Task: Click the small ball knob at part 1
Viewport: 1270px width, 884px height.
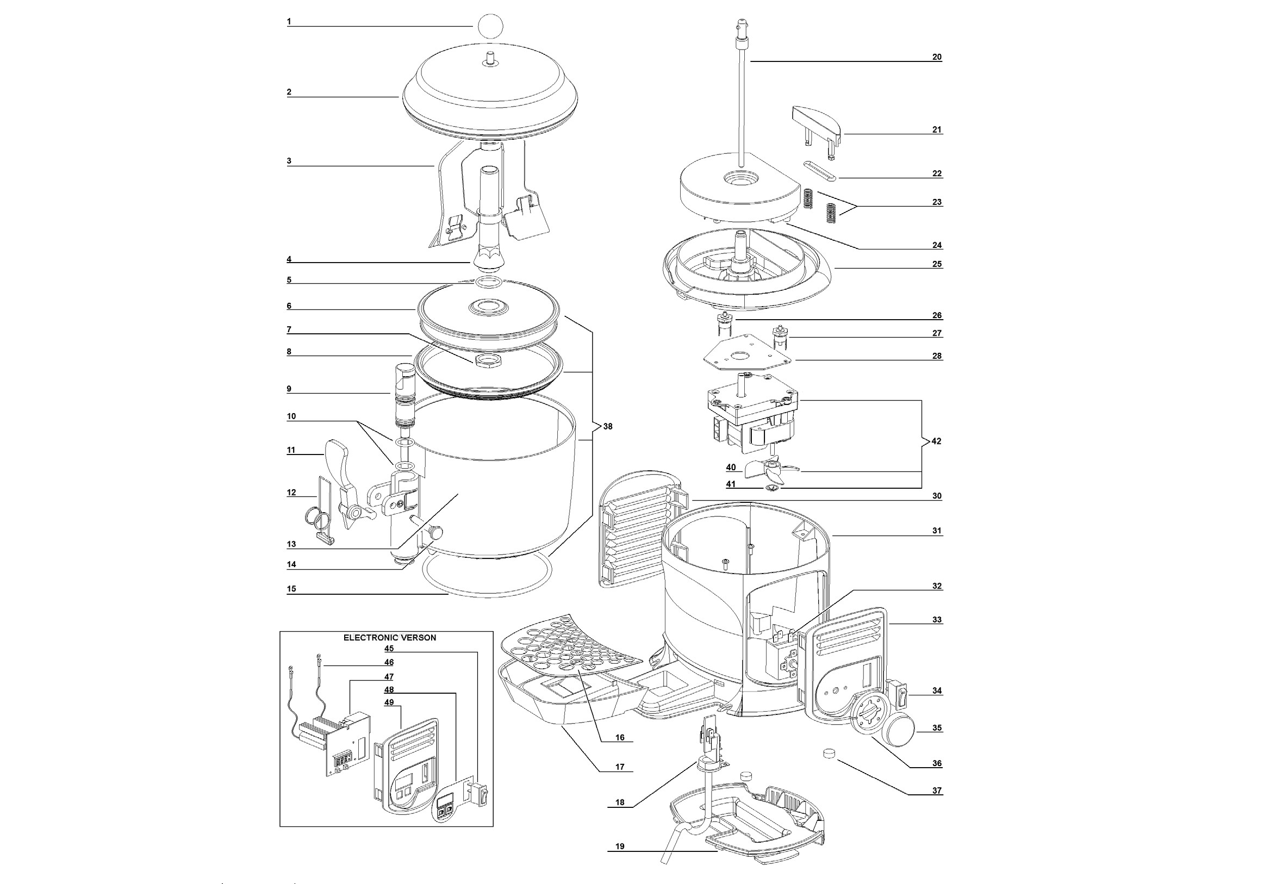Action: coord(489,26)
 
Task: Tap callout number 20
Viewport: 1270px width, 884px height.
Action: coord(936,57)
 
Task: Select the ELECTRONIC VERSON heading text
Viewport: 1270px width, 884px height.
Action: coord(389,637)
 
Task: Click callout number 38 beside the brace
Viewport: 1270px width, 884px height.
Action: coord(607,427)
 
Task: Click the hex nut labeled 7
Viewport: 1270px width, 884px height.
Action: coord(485,360)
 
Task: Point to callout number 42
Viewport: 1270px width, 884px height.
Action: coord(936,441)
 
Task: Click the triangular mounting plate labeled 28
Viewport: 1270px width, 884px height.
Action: coord(747,354)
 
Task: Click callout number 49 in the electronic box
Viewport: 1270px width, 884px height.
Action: coord(389,702)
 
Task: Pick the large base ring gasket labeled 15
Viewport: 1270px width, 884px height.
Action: coord(487,595)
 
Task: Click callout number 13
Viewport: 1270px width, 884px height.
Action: coord(291,544)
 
